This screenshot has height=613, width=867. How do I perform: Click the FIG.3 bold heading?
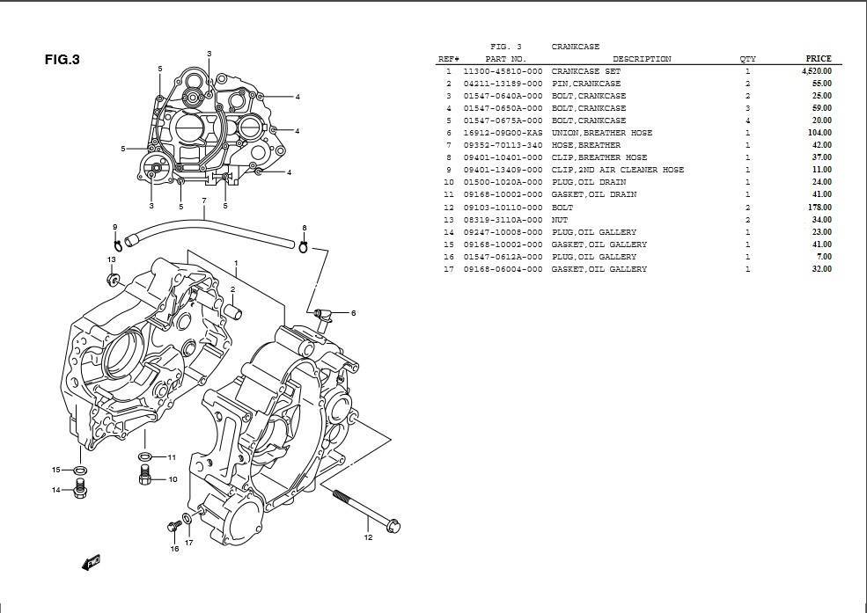[x=62, y=60]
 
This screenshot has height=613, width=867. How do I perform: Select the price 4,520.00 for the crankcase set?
[x=816, y=71]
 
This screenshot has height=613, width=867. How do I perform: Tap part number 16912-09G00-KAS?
[x=503, y=133]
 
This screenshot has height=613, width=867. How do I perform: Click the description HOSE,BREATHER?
[x=585, y=145]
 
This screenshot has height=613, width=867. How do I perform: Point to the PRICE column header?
[x=819, y=59]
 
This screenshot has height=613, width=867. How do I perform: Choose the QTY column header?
[x=747, y=59]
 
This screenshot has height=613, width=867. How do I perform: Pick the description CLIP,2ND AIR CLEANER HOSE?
[x=618, y=170]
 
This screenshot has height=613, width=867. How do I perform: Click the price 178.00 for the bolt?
[x=819, y=208]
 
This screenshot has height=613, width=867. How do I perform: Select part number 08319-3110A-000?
[x=503, y=220]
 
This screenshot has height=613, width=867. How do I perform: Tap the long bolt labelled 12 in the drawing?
[x=366, y=508]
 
